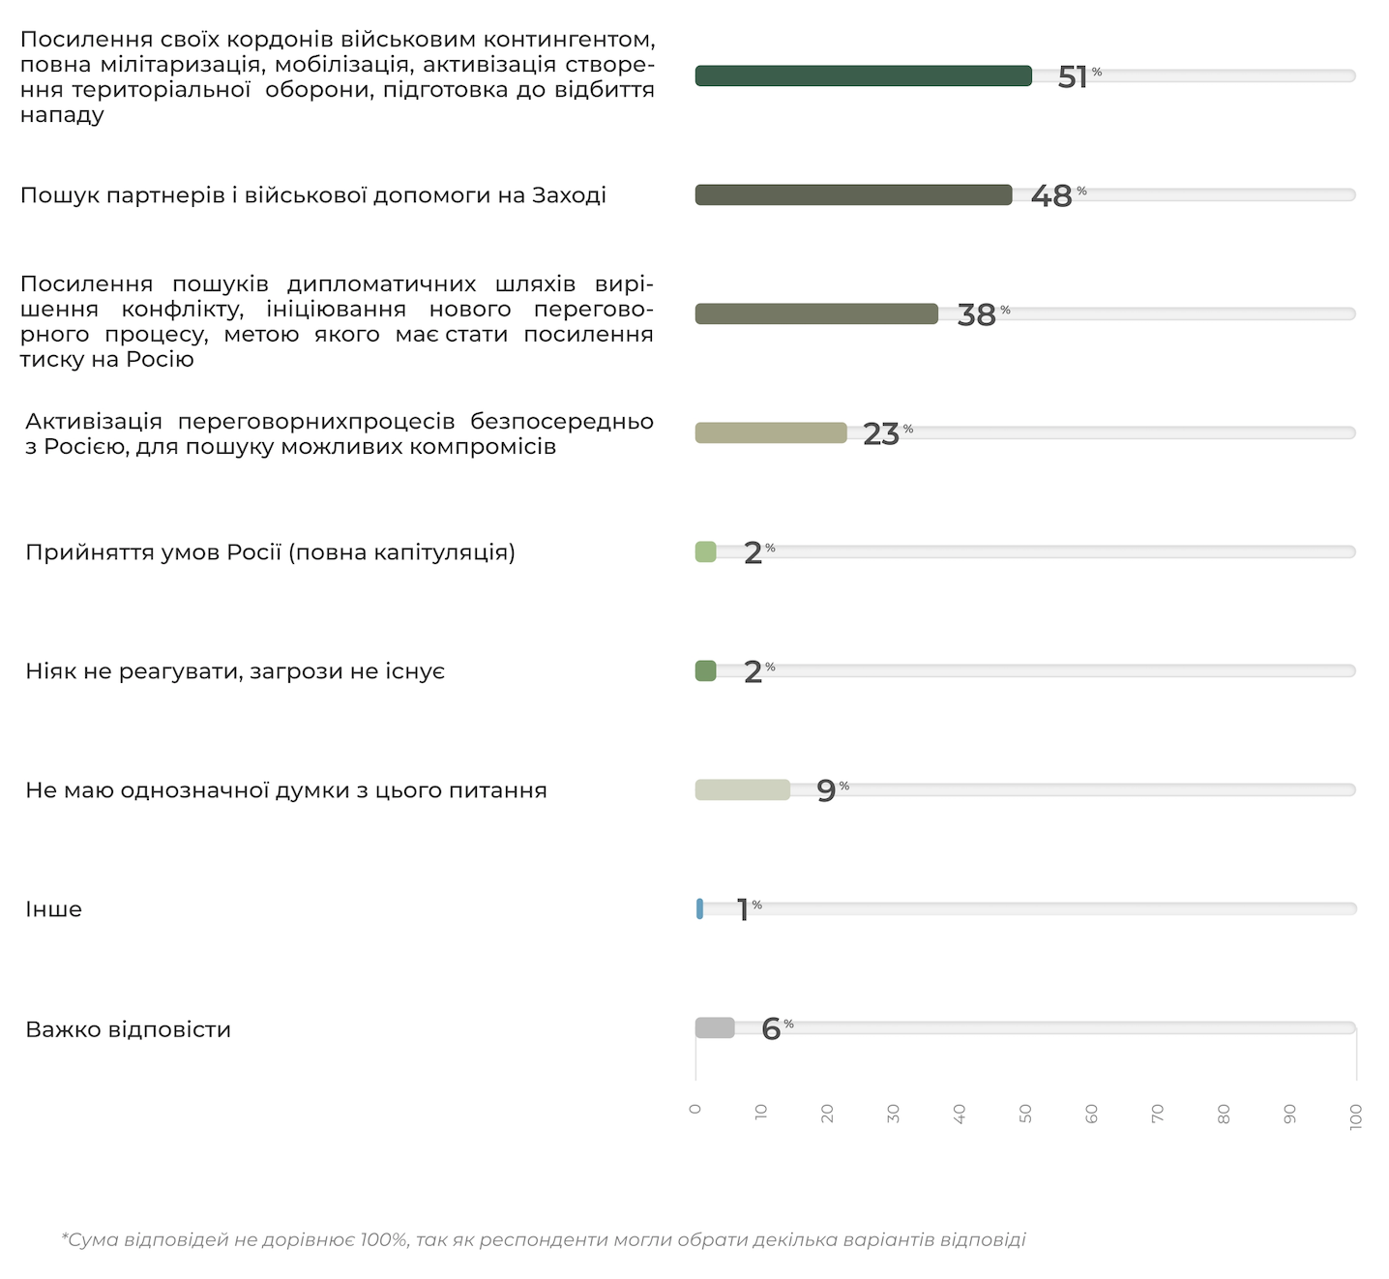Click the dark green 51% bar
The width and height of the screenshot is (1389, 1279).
point(863,75)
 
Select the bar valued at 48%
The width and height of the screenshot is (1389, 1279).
point(853,194)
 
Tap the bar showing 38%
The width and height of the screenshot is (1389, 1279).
point(816,313)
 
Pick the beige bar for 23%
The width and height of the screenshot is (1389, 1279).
point(771,432)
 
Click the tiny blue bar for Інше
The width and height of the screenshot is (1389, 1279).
point(699,908)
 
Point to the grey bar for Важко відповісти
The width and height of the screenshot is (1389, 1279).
point(715,1027)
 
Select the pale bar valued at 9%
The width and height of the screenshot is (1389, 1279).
point(742,789)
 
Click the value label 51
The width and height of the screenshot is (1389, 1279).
point(1073,76)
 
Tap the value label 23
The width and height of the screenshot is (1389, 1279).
point(881,434)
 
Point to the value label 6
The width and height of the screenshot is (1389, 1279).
point(771,1028)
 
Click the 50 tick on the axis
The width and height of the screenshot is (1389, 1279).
point(1025,1114)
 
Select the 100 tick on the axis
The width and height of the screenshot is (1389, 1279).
point(1356,1115)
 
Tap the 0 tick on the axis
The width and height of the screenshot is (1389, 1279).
point(695,1109)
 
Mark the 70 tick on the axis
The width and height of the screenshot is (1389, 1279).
point(1158,1114)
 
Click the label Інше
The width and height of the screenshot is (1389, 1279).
point(54,909)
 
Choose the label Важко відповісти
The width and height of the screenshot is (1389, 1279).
point(128,1029)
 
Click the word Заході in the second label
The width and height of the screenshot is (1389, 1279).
point(569,195)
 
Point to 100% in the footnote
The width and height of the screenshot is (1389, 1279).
point(384,1239)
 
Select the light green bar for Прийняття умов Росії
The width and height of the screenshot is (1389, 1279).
point(705,551)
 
